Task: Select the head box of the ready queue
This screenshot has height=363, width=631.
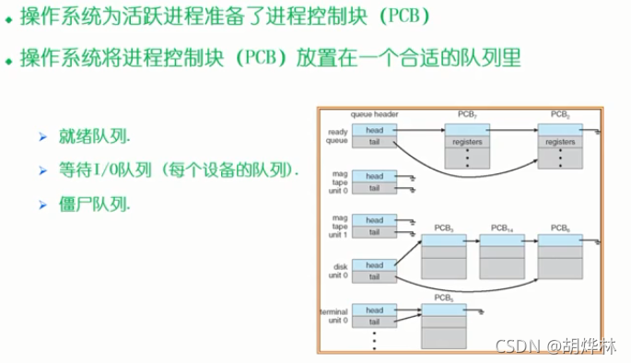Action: pos(374,130)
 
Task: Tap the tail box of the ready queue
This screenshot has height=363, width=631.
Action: pos(374,142)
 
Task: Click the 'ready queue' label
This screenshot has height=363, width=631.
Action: pos(336,135)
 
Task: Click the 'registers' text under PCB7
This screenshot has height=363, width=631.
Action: pos(467,142)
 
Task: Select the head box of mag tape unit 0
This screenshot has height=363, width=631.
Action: pos(374,176)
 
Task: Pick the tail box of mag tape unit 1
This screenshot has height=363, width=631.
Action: pos(374,232)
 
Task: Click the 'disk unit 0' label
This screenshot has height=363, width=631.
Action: pos(338,271)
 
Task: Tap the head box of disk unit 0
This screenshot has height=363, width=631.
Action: pos(374,264)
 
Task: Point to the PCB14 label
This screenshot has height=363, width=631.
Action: pos(501,227)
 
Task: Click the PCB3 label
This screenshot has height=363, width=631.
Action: pos(445,227)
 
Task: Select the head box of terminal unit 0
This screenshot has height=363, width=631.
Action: pos(374,310)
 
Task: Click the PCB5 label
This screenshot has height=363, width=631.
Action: pos(444,299)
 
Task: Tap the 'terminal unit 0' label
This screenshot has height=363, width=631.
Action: pos(334,316)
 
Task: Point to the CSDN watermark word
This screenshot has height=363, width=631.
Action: pos(517,345)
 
